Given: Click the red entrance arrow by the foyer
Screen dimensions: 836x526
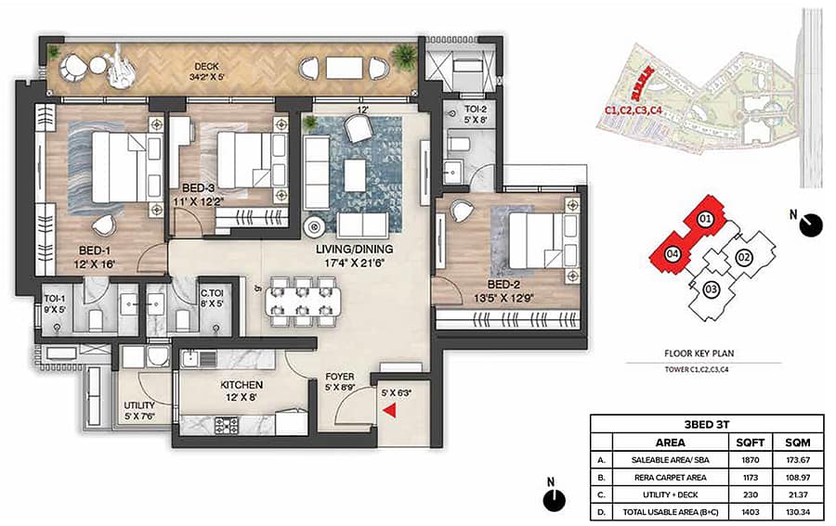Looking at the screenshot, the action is tap(390, 410).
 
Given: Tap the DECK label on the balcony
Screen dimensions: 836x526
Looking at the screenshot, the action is tap(206, 67).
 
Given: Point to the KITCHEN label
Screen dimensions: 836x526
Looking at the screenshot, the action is tap(242, 384).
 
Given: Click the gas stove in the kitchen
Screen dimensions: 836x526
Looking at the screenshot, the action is tap(227, 424).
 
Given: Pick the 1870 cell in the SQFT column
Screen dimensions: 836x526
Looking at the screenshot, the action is tap(751, 460).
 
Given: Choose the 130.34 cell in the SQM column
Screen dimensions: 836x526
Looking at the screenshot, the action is tap(798, 512).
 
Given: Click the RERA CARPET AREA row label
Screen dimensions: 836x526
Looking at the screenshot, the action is tap(670, 478).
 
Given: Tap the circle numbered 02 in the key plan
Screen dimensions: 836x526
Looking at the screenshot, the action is tap(743, 258).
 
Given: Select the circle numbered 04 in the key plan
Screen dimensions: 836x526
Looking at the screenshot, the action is tap(673, 253).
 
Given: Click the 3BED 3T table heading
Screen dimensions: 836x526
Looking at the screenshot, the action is tap(707, 424).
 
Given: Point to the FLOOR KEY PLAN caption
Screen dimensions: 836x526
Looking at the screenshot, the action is tap(699, 353).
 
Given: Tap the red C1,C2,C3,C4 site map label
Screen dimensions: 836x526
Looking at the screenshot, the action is tap(634, 110).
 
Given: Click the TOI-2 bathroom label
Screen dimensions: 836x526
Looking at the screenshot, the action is tap(475, 109).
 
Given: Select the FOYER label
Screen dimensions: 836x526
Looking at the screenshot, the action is tap(340, 377).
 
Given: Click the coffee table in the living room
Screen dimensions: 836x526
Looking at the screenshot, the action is tap(355, 175).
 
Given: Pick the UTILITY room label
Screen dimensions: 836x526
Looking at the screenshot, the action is tap(139, 405).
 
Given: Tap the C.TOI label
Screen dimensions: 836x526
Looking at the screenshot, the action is tap(212, 293).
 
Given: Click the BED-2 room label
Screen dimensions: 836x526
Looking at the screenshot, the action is tap(503, 285).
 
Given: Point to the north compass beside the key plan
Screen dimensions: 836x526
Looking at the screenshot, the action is tap(811, 225).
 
